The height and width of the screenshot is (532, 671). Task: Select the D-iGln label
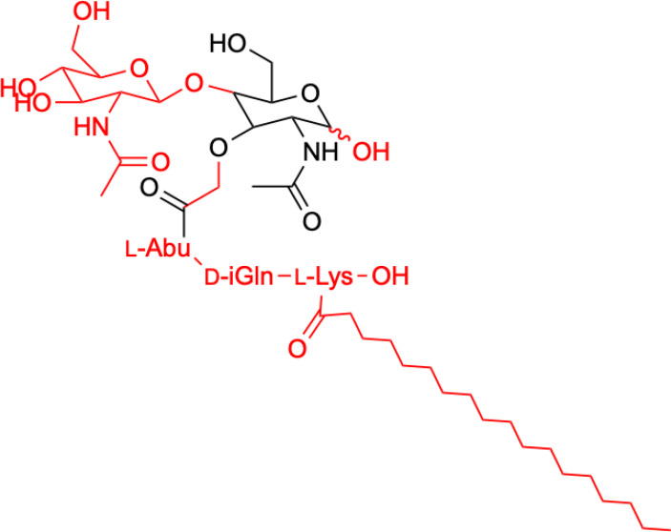(238, 278)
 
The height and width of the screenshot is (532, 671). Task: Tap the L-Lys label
(322, 278)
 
